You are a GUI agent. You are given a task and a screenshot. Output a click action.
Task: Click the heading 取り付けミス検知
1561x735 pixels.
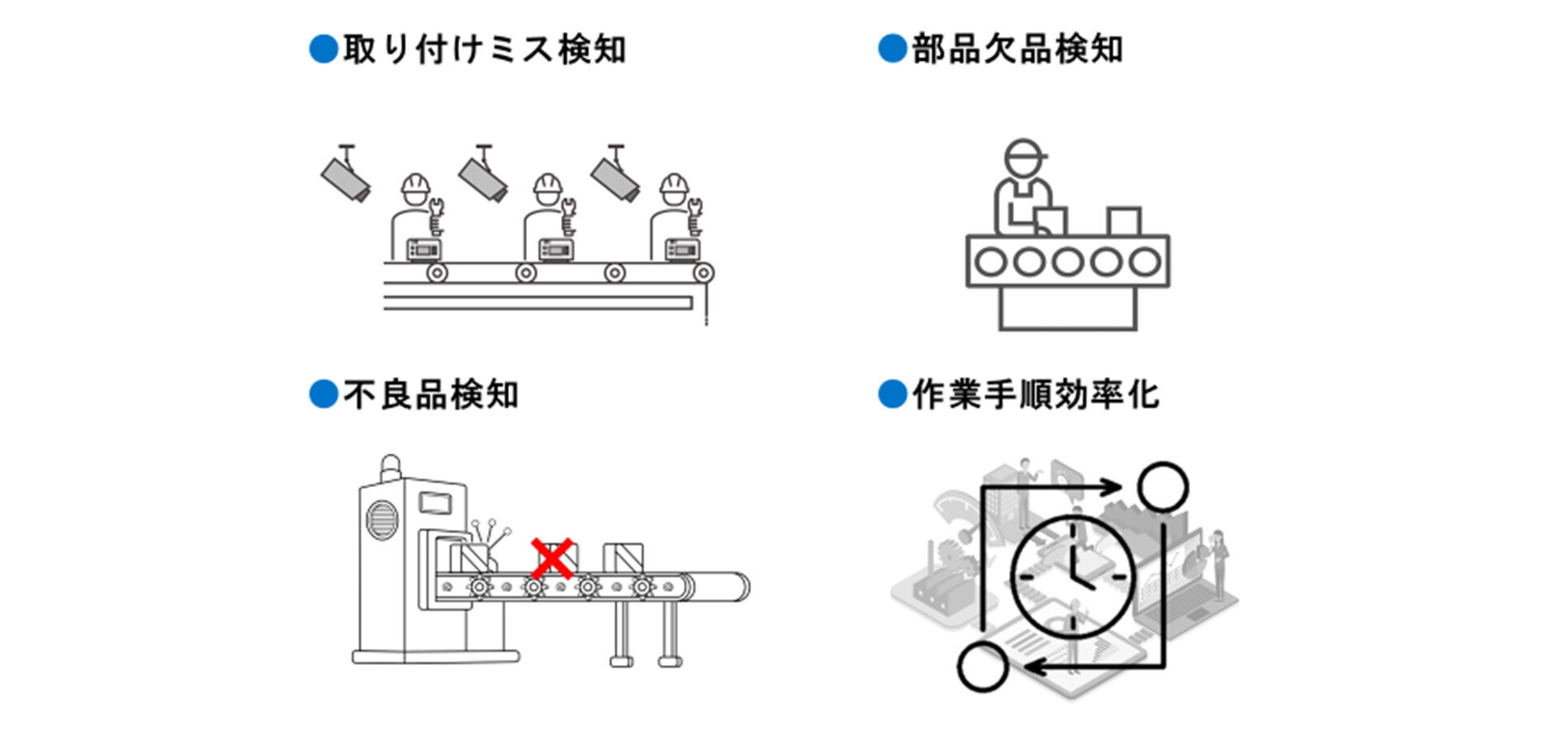[x=484, y=50]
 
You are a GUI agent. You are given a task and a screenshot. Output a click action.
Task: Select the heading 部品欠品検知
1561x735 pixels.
[x=1016, y=50]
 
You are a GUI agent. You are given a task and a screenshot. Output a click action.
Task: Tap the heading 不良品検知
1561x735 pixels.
[x=430, y=395]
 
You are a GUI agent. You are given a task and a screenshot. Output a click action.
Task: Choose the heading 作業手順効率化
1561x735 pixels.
[x=1035, y=395]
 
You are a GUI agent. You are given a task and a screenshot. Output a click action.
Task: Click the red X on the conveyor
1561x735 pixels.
[x=551, y=559]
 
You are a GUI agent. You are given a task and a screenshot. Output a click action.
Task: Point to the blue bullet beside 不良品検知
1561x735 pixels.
[x=324, y=395]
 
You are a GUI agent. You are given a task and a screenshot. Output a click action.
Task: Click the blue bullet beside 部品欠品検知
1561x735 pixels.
[x=893, y=49]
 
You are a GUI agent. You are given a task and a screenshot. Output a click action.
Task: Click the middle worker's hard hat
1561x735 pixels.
[x=547, y=186]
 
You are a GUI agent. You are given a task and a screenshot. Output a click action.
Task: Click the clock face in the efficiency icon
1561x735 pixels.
[x=1072, y=576]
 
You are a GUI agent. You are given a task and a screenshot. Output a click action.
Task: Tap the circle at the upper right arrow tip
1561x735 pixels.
[x=1163, y=487]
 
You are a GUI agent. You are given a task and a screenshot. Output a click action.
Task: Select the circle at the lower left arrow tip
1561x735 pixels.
[x=983, y=667]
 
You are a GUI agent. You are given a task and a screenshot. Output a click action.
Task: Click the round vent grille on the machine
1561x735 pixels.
[x=382, y=520]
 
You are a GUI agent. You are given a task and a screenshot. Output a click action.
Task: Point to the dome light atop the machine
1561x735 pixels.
[x=391, y=465]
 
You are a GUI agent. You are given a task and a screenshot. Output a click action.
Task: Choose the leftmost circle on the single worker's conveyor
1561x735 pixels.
[x=990, y=262]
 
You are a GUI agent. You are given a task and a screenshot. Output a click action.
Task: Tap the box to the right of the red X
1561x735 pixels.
[x=624, y=559]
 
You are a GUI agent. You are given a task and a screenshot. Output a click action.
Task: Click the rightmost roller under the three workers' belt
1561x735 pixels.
[x=703, y=273]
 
